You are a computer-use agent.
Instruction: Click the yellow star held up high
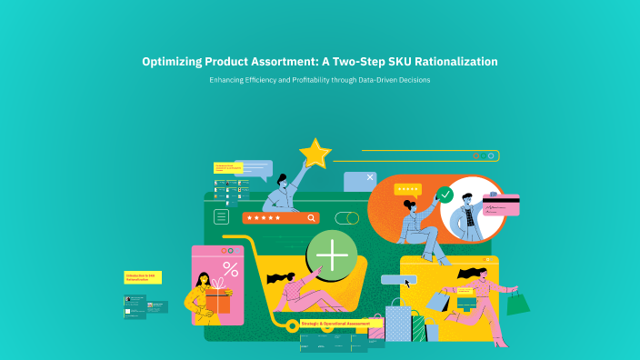(x=315, y=154)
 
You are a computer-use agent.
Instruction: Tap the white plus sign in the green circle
(x=333, y=255)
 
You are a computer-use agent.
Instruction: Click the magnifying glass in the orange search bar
(x=312, y=218)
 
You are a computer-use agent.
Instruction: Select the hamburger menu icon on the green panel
(x=221, y=216)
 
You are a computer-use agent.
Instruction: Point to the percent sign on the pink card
(x=230, y=269)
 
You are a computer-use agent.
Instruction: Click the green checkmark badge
(x=445, y=195)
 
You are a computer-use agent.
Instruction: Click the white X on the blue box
(x=370, y=178)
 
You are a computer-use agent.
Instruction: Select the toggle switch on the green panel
(x=346, y=218)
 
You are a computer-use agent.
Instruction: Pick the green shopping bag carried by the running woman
(x=517, y=303)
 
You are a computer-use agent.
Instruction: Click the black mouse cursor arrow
(x=407, y=283)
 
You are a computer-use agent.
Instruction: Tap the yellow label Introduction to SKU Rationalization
(x=142, y=276)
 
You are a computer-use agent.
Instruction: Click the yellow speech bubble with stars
(x=407, y=189)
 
